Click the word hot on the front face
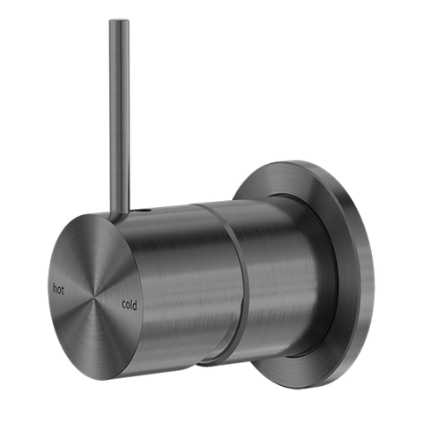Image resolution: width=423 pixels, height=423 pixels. [60, 287]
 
